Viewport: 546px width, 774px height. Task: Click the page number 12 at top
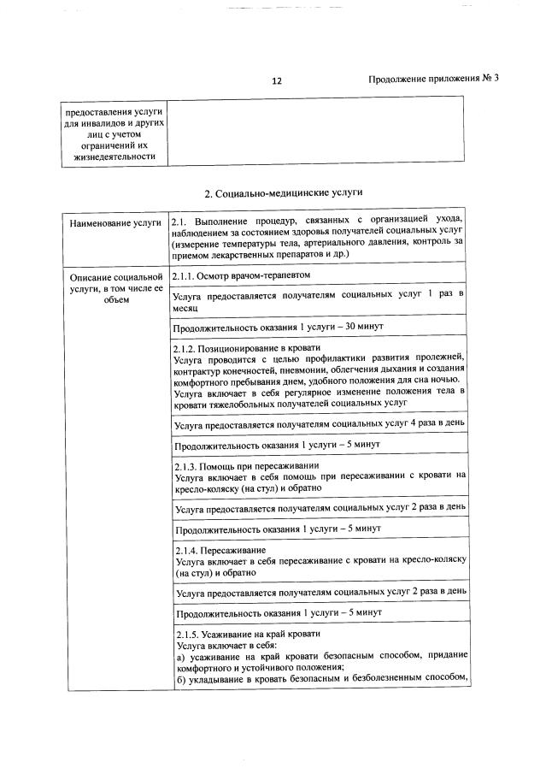(276, 81)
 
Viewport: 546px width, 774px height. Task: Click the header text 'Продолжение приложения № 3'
(432, 79)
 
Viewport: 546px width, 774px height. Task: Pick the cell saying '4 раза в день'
(320, 423)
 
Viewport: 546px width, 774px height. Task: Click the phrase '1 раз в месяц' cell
(318, 300)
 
